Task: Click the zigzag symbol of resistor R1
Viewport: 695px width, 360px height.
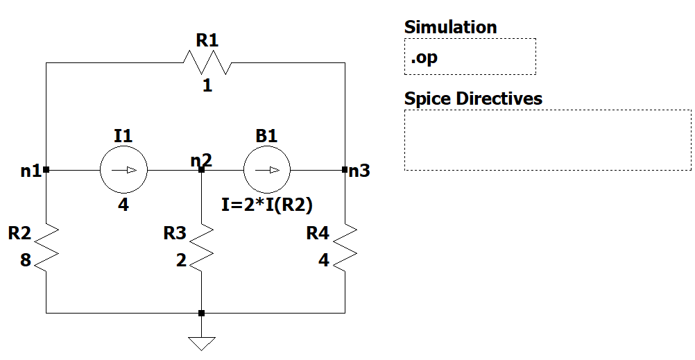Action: point(207,62)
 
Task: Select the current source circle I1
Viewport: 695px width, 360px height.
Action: point(123,169)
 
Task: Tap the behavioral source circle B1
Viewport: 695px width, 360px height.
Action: point(267,169)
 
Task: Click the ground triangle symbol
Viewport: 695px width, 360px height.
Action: point(201,343)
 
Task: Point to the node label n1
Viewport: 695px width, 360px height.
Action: point(31,170)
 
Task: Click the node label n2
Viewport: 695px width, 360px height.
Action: point(201,160)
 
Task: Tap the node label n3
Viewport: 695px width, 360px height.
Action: point(359,170)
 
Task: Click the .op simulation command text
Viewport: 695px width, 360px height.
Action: point(424,58)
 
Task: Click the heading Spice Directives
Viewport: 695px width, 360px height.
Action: point(473,98)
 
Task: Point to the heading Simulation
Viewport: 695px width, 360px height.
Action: point(450,27)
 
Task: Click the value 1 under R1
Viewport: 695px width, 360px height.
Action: point(207,86)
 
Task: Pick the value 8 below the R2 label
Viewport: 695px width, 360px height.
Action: point(25,261)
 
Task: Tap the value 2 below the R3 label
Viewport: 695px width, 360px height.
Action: point(181,261)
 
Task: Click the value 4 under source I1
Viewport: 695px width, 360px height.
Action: point(123,205)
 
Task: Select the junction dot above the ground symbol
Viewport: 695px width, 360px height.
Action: point(201,313)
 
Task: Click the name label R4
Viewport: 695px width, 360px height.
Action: point(318,233)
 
